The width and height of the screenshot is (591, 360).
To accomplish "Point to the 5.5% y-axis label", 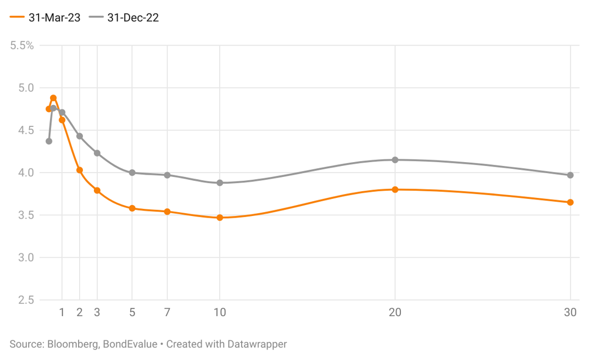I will tap(22, 46).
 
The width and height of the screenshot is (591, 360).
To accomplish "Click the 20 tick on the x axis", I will tap(395, 313).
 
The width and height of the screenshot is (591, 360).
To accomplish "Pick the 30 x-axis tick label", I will tap(570, 313).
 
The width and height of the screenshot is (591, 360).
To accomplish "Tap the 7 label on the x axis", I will tap(167, 313).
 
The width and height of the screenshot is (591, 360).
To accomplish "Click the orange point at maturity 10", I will tap(220, 218).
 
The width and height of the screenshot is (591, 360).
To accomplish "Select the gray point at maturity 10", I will tap(220, 182).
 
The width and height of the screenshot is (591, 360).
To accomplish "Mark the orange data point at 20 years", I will tap(395, 190).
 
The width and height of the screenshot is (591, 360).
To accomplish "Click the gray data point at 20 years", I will tap(395, 160).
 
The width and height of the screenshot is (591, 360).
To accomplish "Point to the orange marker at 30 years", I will tap(570, 202).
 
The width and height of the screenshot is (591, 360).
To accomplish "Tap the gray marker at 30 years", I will tap(570, 175).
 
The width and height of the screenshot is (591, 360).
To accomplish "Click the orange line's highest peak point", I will tap(53, 98).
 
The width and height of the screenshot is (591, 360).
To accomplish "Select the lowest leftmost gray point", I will tap(49, 141).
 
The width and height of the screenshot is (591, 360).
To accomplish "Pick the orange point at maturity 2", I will tap(80, 170).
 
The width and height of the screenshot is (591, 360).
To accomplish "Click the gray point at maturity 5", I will tap(132, 173).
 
